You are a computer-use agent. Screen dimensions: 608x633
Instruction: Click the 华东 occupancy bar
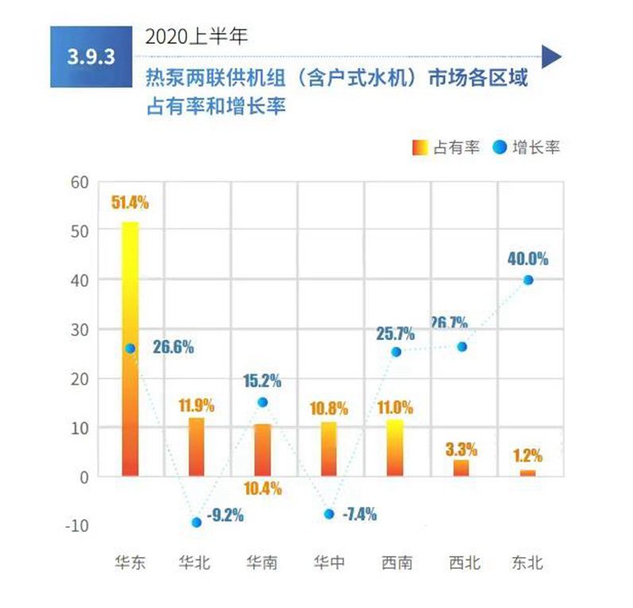[130, 350]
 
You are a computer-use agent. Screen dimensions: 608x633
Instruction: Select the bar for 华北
[196, 447]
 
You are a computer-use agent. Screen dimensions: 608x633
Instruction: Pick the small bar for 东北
[528, 473]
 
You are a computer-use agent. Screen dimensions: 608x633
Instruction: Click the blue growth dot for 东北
[528, 280]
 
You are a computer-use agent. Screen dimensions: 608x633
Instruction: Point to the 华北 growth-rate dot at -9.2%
[196, 522]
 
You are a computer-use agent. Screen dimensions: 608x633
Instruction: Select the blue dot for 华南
[262, 402]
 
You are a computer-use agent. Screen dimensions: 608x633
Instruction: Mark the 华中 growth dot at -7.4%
[329, 513]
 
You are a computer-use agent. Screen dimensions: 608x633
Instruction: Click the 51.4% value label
[130, 203]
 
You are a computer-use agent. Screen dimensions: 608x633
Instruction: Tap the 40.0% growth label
[528, 259]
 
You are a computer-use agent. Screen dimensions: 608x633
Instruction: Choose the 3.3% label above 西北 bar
[462, 441]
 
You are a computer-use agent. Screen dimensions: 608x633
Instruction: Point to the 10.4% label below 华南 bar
[262, 489]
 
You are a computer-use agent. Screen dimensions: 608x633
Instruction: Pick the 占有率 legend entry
[445, 148]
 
